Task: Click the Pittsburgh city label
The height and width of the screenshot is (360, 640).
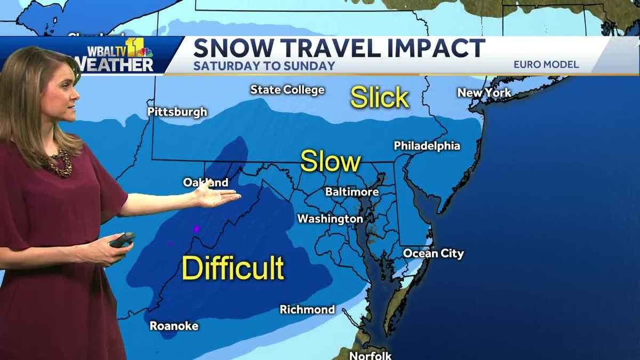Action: pos(177,112)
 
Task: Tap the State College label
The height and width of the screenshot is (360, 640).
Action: pos(287,90)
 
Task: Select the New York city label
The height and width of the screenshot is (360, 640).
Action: pos(484,93)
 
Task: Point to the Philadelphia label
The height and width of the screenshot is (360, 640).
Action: pos(427,146)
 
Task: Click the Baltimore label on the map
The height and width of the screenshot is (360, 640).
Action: pos(351,192)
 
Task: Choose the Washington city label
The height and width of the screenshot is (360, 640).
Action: pos(330,219)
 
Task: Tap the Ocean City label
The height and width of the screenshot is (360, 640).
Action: pos(433,253)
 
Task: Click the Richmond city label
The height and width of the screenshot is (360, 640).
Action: pos(307,309)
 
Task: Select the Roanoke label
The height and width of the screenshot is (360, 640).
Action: pos(174,325)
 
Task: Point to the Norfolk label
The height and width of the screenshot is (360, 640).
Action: pos(370,355)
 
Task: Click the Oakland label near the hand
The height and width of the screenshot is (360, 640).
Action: pos(205,182)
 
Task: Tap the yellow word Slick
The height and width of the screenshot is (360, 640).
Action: pos(379,98)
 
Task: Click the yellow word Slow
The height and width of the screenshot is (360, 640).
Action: pos(331,161)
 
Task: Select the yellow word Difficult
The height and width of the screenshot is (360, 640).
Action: pos(233,268)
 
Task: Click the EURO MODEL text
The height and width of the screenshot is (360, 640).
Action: pos(546,65)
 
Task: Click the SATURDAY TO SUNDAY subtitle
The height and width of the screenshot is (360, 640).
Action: pos(264,66)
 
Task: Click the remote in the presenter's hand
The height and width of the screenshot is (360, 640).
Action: pos(122,239)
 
